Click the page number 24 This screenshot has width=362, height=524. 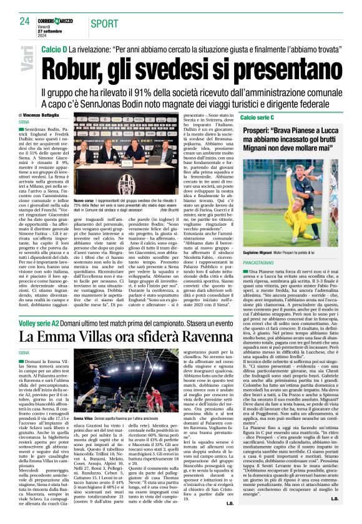coord(24,21)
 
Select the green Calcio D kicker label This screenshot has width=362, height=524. coord(54,48)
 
